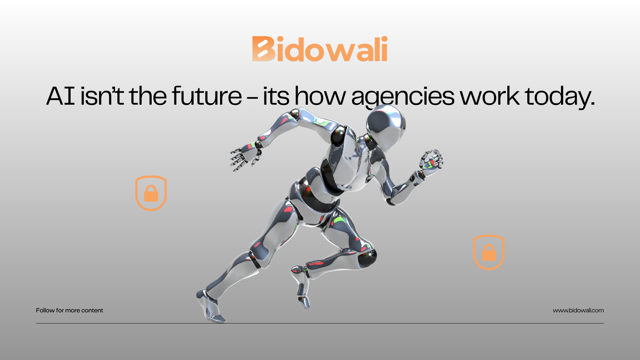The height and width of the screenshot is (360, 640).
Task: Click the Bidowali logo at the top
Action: tap(320, 49)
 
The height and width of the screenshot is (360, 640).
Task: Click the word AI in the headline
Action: tap(60, 96)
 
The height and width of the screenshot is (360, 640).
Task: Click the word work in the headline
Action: tap(490, 96)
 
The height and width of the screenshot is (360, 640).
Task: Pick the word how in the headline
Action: tap(320, 96)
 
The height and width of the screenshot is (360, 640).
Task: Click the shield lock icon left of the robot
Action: tap(151, 193)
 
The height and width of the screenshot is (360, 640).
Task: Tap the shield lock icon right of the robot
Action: tap(489, 252)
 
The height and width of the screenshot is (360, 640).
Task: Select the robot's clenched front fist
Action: tap(431, 162)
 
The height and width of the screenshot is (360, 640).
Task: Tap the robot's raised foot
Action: tap(301, 287)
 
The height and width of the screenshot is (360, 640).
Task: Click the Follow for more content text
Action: tap(69, 310)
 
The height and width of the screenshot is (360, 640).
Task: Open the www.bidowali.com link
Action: tap(578, 310)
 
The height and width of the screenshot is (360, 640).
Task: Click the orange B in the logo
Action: tap(264, 49)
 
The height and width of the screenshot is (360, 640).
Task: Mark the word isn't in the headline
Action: tap(102, 96)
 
